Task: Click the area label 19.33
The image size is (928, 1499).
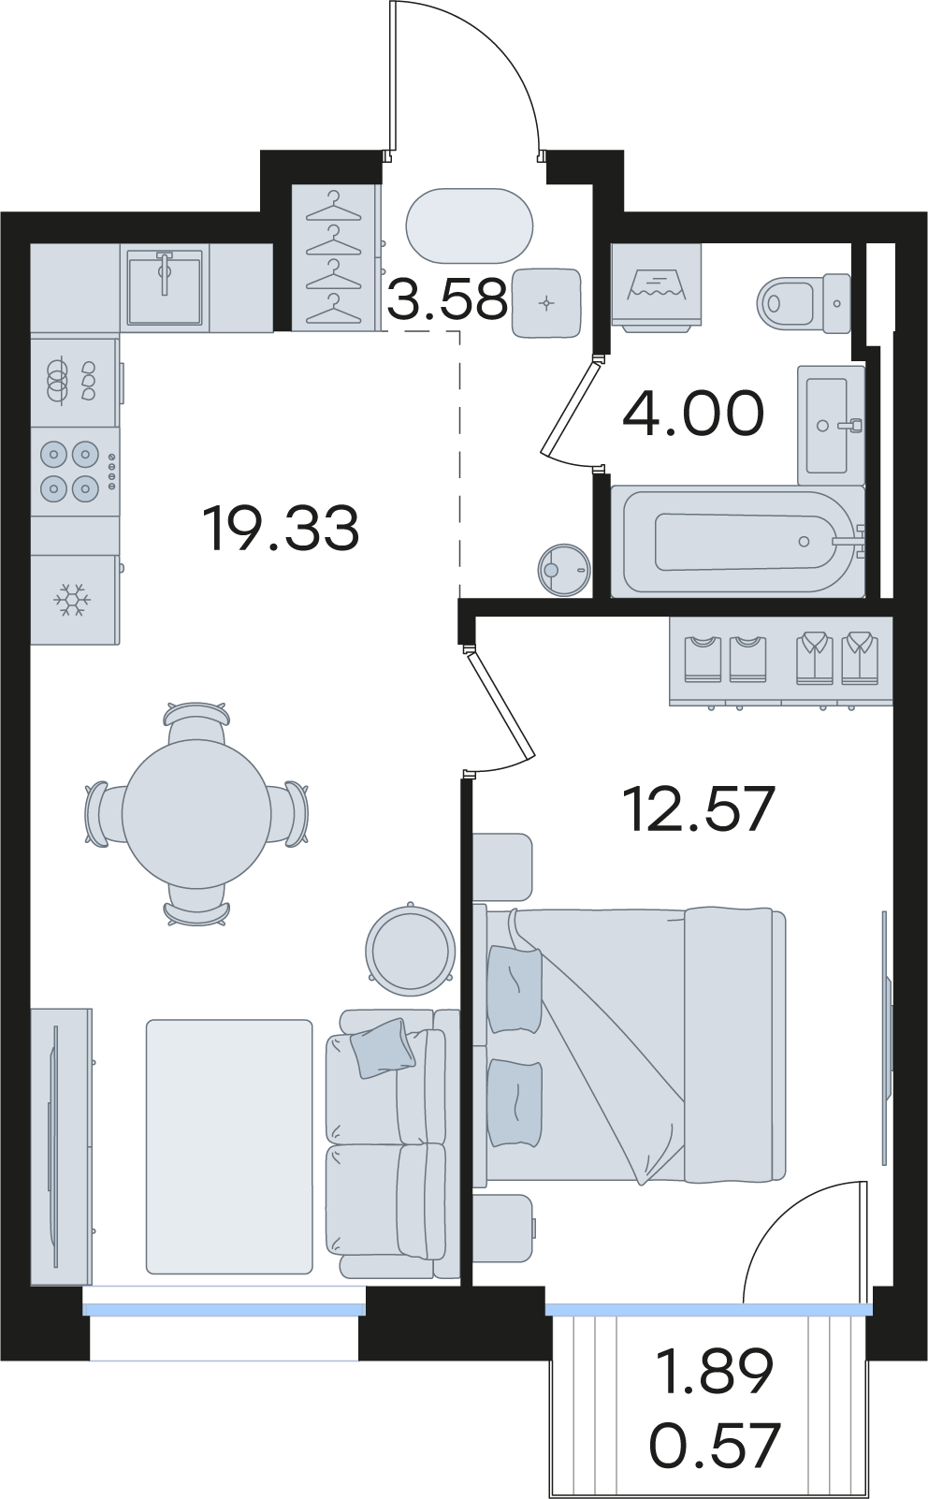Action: click(281, 529)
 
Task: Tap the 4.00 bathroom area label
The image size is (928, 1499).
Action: click(692, 413)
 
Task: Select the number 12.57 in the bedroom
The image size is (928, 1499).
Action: click(699, 808)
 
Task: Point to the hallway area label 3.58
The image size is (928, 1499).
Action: click(447, 299)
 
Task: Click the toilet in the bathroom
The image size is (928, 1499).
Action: click(804, 303)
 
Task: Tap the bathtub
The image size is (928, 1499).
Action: click(739, 542)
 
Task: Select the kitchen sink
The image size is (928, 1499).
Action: click(165, 287)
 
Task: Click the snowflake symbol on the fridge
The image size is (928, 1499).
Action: click(72, 600)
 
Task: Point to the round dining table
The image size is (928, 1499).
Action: click(196, 814)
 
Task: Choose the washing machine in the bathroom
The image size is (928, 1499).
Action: click(657, 288)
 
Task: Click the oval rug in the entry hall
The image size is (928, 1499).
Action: click(470, 226)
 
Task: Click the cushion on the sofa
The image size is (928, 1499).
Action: click(384, 1049)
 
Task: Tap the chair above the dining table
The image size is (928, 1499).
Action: click(196, 721)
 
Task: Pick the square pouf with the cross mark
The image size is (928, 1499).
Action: click(546, 302)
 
